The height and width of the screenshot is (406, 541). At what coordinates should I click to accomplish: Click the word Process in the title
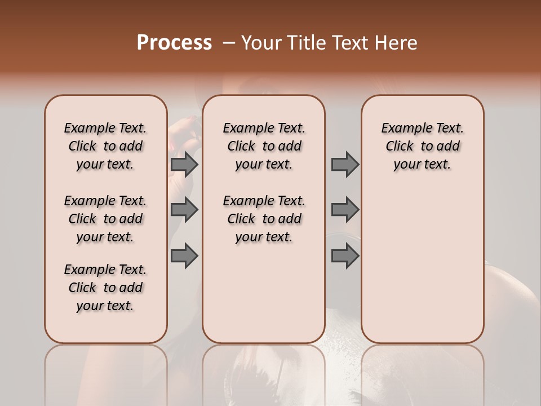(174, 42)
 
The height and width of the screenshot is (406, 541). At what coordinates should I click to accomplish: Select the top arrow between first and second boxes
(184, 164)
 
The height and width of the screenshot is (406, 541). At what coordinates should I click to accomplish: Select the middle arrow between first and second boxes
(184, 210)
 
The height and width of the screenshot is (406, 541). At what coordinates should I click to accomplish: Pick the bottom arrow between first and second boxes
(184, 256)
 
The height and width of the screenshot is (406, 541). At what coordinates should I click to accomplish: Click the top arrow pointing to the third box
(344, 164)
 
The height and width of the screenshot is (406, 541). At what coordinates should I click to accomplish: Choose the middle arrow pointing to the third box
(344, 210)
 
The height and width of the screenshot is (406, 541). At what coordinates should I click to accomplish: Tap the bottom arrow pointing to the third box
(344, 256)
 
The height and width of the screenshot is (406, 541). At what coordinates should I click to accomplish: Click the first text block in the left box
(105, 146)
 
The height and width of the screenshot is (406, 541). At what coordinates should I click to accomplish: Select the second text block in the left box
(105, 219)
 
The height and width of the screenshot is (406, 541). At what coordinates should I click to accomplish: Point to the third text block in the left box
(105, 288)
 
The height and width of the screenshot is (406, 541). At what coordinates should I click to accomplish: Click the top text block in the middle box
(264, 146)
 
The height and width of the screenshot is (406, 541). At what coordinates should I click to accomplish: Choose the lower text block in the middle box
(264, 219)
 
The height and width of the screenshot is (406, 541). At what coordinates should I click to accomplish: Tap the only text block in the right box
(422, 146)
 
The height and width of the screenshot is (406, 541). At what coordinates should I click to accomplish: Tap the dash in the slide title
(228, 42)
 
